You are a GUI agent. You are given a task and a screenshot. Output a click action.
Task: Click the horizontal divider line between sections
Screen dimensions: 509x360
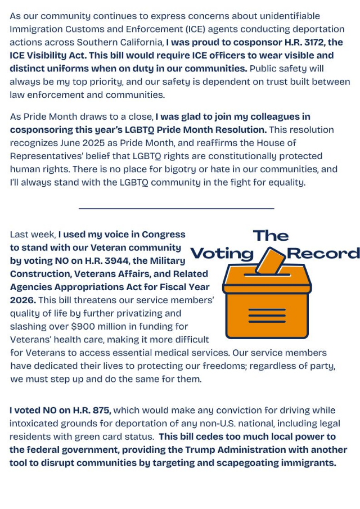tap(176, 209)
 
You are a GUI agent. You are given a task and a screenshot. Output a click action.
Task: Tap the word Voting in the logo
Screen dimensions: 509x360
tap(222, 254)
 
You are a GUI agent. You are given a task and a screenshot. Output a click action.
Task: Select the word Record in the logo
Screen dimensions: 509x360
tap(323, 254)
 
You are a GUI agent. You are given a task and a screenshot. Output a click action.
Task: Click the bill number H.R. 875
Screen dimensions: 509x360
tap(91, 410)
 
